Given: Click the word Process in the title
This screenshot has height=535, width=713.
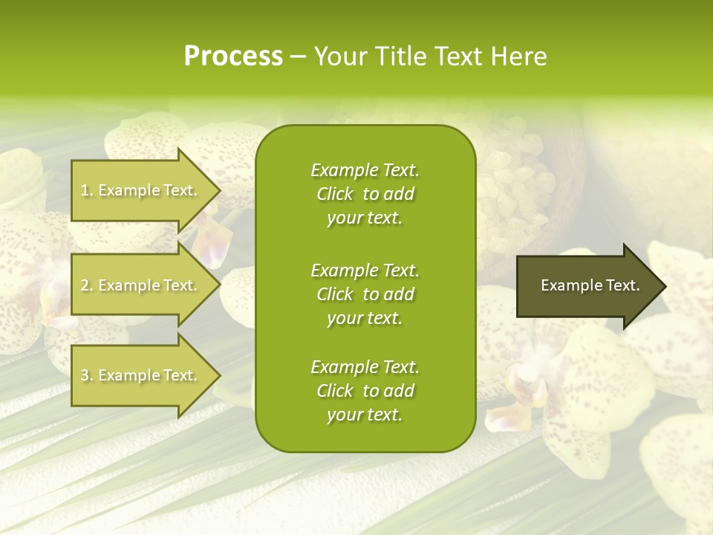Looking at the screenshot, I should tap(233, 56).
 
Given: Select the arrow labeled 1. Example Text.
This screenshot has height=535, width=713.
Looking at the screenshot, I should tap(141, 190).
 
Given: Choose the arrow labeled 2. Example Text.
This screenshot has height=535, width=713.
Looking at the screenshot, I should tap(141, 285).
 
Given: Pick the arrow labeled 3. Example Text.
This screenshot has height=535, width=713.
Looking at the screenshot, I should tap(141, 375).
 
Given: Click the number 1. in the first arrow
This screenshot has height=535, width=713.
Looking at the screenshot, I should tap(86, 190).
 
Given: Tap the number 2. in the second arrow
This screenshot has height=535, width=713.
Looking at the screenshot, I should tap(86, 285).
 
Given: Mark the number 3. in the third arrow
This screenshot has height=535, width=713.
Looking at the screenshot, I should tap(86, 376).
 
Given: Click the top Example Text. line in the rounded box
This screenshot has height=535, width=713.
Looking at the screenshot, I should tap(365, 170).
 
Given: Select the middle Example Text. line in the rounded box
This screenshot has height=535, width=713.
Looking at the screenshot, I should tap(365, 270).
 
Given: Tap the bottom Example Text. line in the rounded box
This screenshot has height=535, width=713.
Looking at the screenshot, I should tap(365, 367).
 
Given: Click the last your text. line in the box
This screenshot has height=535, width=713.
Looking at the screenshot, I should tap(365, 415).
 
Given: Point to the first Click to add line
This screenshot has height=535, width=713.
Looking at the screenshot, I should tap(365, 194).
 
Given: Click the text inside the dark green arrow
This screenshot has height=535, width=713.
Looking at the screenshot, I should tap(590, 285).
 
